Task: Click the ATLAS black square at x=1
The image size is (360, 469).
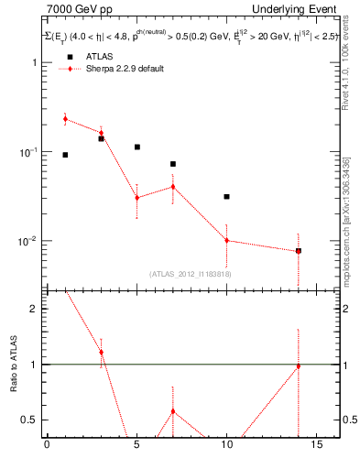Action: (x=65, y=155)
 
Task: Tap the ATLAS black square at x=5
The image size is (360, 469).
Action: (x=136, y=147)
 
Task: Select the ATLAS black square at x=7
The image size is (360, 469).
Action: (x=172, y=164)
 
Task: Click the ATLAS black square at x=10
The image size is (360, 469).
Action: (x=226, y=196)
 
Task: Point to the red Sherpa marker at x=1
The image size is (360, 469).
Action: (x=65, y=119)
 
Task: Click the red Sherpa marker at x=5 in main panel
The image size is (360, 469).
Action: (x=136, y=197)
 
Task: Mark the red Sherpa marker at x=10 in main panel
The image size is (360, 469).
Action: (x=226, y=240)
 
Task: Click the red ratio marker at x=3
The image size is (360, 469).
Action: (x=101, y=352)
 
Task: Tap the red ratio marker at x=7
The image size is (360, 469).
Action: (x=172, y=410)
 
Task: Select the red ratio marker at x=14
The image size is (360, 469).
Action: (x=298, y=366)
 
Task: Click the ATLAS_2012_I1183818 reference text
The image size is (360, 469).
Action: (x=190, y=273)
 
